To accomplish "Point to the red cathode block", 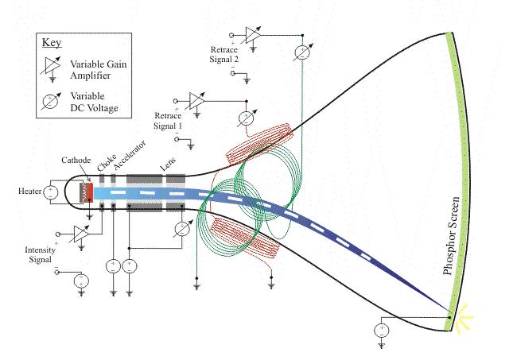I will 89,192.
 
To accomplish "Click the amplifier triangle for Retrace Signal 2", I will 253,34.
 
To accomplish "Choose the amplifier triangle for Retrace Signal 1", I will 196,101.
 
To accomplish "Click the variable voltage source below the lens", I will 181,228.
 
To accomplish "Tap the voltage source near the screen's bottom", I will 383,330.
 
